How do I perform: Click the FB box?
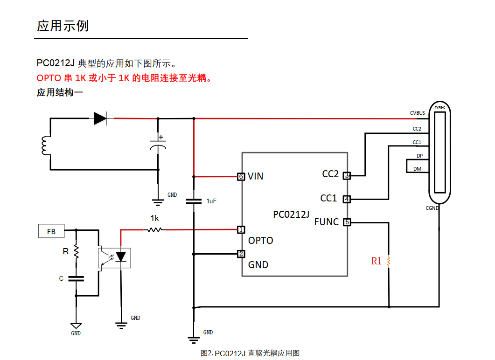[51, 231]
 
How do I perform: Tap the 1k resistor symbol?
[154, 229]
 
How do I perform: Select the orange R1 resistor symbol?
[389, 261]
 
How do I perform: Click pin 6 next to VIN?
[241, 176]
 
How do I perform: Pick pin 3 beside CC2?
[347, 175]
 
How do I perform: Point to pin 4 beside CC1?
[347, 199]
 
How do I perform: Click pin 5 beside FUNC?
[347, 222]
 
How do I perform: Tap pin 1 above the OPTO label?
[241, 229]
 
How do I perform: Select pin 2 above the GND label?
[241, 254]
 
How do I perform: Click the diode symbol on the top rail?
[100, 118]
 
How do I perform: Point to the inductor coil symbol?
[46, 145]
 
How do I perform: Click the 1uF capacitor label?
[211, 201]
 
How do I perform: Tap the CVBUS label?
[417, 113]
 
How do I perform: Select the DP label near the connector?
[419, 156]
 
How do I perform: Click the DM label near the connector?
[417, 169]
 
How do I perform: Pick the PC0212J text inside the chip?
[291, 215]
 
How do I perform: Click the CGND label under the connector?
[432, 208]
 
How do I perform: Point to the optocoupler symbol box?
[114, 257]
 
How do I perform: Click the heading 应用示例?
[63, 26]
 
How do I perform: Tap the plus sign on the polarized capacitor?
[161, 137]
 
